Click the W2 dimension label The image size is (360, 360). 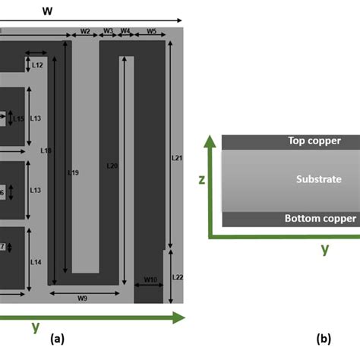(84, 32)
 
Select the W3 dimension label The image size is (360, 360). (108, 32)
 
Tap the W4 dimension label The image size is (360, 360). (125, 32)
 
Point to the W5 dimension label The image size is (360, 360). (152, 32)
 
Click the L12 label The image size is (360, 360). (37, 66)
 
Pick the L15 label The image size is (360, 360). (18, 118)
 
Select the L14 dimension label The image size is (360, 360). (36, 262)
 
